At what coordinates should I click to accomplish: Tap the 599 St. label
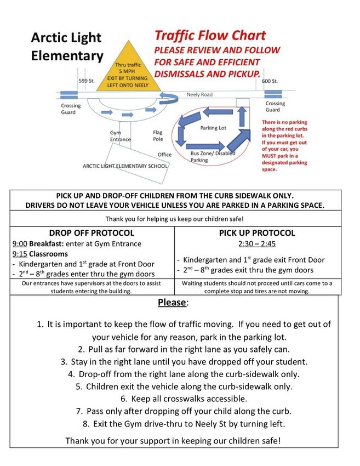tap(86, 81)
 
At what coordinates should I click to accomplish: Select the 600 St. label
tap(270, 81)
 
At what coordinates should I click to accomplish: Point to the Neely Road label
tap(199, 95)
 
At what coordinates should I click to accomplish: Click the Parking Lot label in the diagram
tap(213, 128)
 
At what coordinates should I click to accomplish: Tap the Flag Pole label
tap(158, 135)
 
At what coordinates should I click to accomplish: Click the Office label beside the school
tap(164, 155)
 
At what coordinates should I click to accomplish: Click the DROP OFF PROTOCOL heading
tap(92, 233)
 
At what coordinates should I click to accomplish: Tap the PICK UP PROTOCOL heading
tap(256, 233)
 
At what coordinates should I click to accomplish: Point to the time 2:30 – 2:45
tap(257, 244)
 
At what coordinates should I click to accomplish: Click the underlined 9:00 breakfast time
tap(20, 244)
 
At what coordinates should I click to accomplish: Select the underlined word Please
tap(172, 303)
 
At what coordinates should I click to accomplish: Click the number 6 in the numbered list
tap(124, 399)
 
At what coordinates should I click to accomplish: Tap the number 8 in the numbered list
tap(86, 423)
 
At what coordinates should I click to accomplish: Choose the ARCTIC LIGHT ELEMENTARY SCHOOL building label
tap(125, 166)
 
